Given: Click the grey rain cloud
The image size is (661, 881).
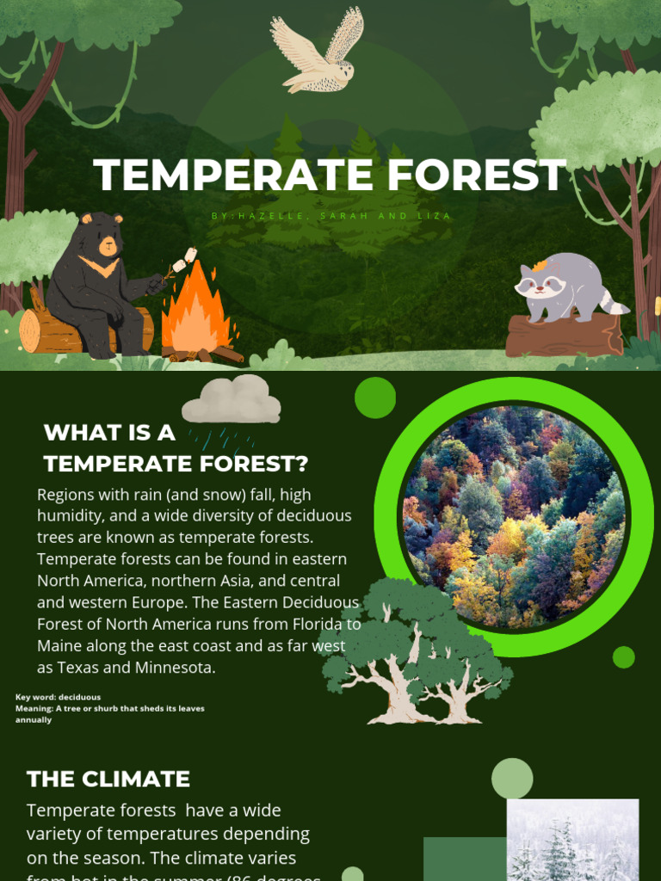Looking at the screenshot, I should tap(231, 399).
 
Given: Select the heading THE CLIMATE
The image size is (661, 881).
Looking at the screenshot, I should tap(108, 779).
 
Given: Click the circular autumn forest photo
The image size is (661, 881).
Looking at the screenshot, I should tap(514, 516).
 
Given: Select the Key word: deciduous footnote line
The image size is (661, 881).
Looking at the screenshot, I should tap(58, 697).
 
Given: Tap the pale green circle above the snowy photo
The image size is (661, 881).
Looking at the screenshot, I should tap(512, 778).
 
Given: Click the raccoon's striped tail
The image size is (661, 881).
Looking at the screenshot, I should tap(613, 302).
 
